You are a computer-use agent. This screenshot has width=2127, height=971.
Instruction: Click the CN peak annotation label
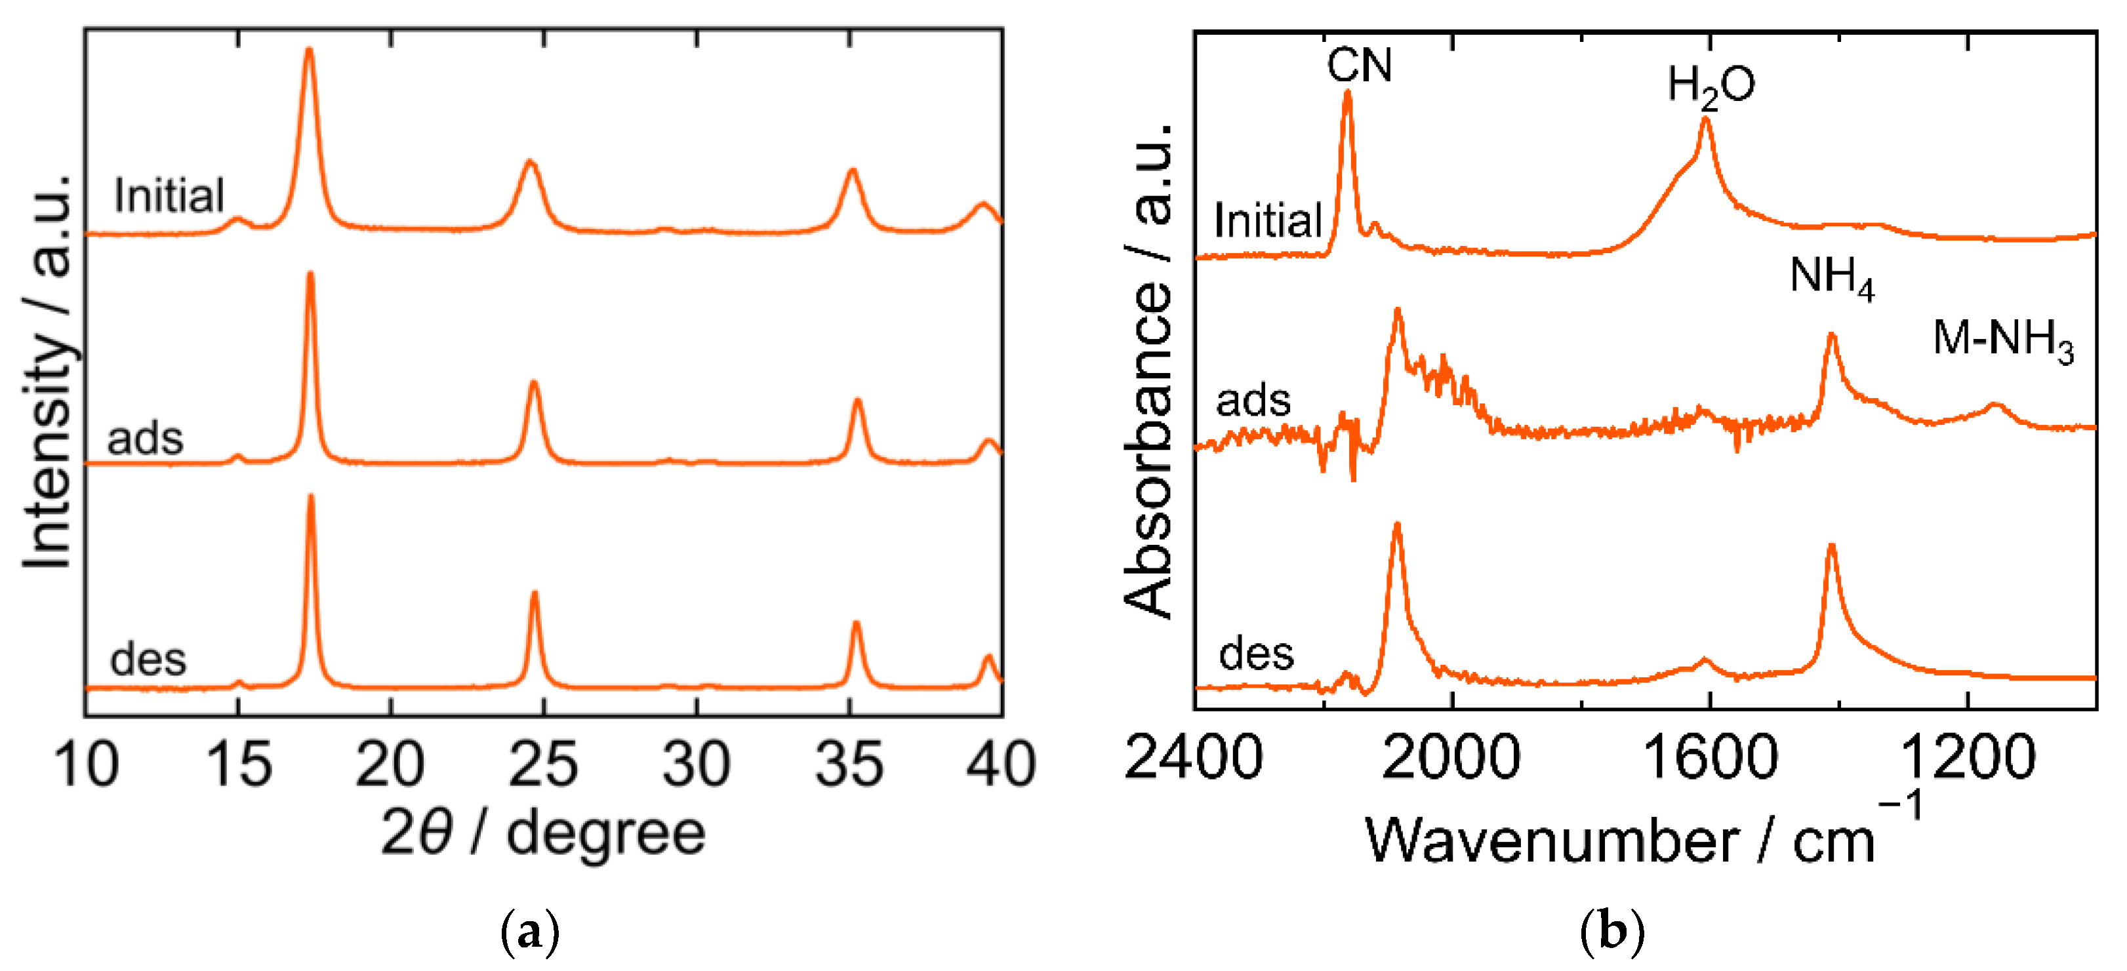point(1359,65)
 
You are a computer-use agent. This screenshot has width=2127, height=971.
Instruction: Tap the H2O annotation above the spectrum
point(1711,86)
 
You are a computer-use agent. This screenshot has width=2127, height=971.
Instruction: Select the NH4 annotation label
point(1831,277)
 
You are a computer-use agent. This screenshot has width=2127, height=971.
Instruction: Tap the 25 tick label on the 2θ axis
point(542,764)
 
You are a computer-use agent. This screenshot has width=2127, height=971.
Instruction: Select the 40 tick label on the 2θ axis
point(1001,764)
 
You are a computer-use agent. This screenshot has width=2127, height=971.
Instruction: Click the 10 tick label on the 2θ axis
point(86,764)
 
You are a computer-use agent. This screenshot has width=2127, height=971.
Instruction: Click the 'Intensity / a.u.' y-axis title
point(48,372)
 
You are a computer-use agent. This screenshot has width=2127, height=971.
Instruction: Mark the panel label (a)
point(530,933)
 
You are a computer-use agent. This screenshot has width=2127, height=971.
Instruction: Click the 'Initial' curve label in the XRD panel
point(169,197)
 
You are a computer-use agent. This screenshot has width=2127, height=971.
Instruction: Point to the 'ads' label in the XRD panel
point(146,439)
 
